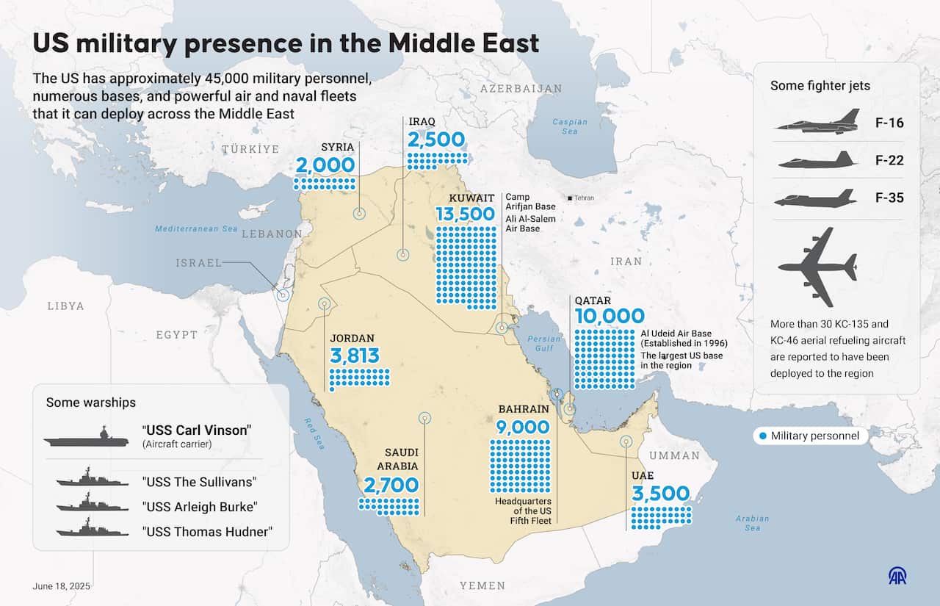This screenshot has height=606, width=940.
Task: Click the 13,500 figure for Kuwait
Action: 465,214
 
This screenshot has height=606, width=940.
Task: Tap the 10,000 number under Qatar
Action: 610,317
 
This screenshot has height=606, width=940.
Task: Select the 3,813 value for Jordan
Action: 355,356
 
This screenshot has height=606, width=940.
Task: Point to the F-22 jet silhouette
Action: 817,160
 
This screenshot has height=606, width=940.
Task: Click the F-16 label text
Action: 889,123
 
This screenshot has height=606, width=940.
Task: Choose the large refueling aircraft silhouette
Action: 817,267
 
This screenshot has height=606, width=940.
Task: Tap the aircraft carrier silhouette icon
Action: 86,439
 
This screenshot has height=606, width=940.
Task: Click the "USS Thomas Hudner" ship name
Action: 207,531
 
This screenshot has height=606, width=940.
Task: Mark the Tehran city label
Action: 584,198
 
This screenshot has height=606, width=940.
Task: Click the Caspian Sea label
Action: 570,126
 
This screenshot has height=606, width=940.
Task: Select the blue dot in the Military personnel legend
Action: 762,436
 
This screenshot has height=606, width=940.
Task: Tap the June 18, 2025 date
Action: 62,586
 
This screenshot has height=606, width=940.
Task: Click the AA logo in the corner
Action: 897,575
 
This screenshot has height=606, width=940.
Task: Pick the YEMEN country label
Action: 482,585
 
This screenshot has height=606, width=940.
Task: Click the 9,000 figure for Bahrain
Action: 523,427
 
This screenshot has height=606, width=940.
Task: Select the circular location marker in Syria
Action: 359,214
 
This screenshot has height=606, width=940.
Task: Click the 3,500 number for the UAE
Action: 660,493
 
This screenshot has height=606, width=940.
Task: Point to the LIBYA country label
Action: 65,306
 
